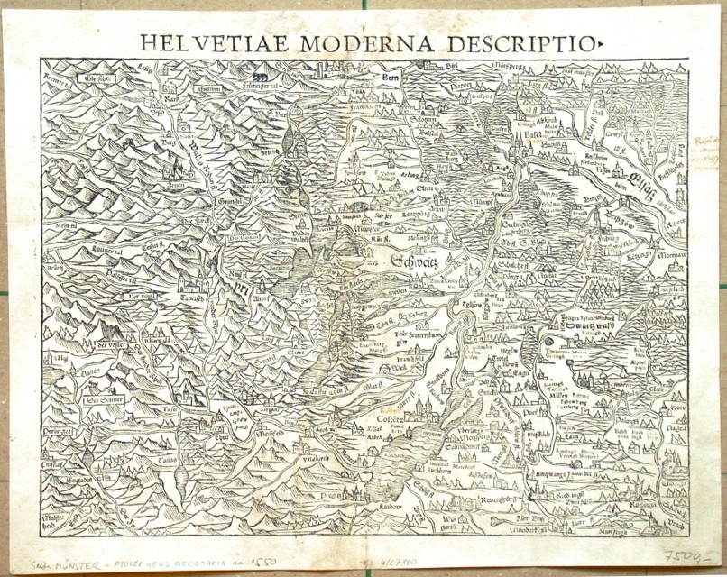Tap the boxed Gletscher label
(73, 78)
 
